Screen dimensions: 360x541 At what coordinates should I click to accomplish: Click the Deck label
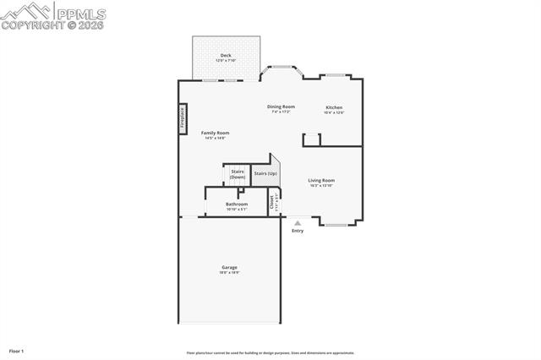(x=225, y=56)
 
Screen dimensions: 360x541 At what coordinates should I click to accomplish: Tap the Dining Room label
(x=281, y=106)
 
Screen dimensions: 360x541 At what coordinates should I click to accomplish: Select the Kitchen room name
(x=335, y=107)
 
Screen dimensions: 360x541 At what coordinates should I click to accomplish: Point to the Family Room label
(x=215, y=133)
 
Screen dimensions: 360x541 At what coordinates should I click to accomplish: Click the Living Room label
(x=321, y=180)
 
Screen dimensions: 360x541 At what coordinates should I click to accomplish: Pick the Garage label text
(x=229, y=268)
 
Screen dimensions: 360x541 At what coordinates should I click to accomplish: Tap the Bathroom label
(x=237, y=204)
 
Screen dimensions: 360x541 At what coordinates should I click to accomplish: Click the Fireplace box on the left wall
(x=182, y=117)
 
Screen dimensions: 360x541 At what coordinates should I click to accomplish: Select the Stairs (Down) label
(x=238, y=174)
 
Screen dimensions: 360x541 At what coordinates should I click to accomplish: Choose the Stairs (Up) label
(x=265, y=173)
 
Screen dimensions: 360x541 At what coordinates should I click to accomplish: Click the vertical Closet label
(x=272, y=203)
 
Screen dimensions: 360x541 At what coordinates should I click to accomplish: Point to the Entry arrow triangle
(x=297, y=223)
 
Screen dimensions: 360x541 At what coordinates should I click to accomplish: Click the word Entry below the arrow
(x=298, y=231)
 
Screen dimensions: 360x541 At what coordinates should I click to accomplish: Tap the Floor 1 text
(x=16, y=351)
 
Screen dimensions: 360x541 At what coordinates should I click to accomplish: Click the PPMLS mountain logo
(x=25, y=12)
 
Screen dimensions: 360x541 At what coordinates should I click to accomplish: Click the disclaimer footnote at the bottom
(x=270, y=353)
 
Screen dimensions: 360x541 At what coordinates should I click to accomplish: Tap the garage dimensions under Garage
(x=229, y=273)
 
